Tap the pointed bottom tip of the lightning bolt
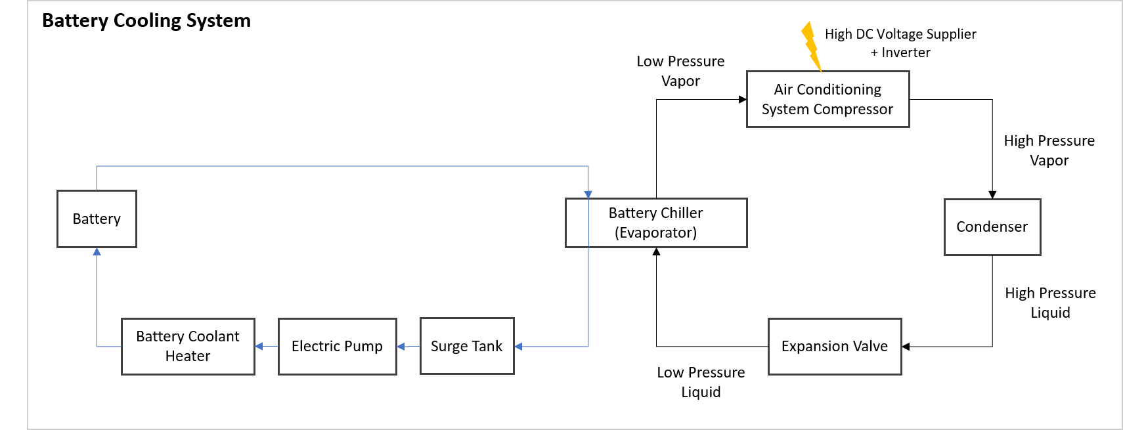[x=822, y=72]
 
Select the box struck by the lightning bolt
[x=827, y=99]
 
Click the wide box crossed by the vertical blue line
[x=656, y=223]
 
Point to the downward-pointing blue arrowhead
[x=588, y=194]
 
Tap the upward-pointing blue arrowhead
[x=97, y=251]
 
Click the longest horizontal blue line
[x=341, y=166]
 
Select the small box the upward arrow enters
[x=97, y=219]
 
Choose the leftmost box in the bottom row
[x=188, y=347]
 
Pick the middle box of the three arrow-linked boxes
[x=337, y=347]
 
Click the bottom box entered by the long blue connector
[x=467, y=346]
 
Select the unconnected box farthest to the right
[x=992, y=227]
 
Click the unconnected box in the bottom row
[x=835, y=347]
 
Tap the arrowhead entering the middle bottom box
[x=401, y=346]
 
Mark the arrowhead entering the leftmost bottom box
[x=259, y=346]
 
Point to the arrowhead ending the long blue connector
[x=518, y=346]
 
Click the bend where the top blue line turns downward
[x=588, y=166]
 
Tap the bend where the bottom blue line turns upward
[x=97, y=346]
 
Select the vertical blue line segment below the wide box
[x=588, y=295]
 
